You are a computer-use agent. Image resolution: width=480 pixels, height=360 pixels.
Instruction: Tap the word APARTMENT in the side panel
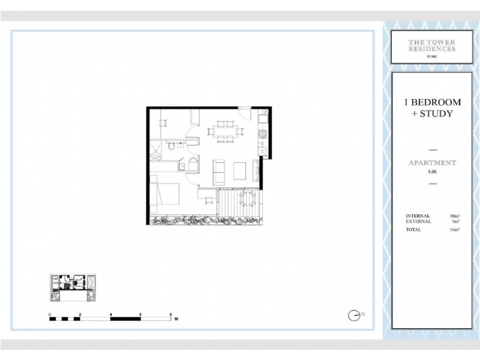coord(432,163)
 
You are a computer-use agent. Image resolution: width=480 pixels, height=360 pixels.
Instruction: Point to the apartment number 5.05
coord(432,172)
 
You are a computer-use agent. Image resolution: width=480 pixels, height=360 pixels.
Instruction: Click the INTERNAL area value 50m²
coord(454,215)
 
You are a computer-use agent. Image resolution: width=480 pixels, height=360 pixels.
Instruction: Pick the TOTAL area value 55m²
coord(454,230)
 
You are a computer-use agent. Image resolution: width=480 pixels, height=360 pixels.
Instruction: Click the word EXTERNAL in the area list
coord(418,221)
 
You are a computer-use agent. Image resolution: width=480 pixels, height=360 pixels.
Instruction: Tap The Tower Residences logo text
coord(431,46)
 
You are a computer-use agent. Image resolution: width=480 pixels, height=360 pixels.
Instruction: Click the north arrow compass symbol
coord(355,314)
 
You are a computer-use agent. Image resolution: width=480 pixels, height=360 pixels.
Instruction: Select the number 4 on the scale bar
coord(111,314)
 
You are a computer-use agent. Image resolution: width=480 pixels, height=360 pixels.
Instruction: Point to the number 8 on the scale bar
coord(171,314)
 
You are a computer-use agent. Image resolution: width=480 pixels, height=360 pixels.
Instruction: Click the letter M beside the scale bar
coord(176,320)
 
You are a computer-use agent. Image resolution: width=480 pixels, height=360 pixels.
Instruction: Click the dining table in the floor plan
coord(225,133)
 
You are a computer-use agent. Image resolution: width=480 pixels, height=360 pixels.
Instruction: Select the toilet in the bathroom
coord(172,146)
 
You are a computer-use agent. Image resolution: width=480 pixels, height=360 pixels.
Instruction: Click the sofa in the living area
coord(220,171)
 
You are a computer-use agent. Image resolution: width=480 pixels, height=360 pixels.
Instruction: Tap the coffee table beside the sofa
coord(239,171)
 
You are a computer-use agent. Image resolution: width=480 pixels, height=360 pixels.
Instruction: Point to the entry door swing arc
coord(244,113)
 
